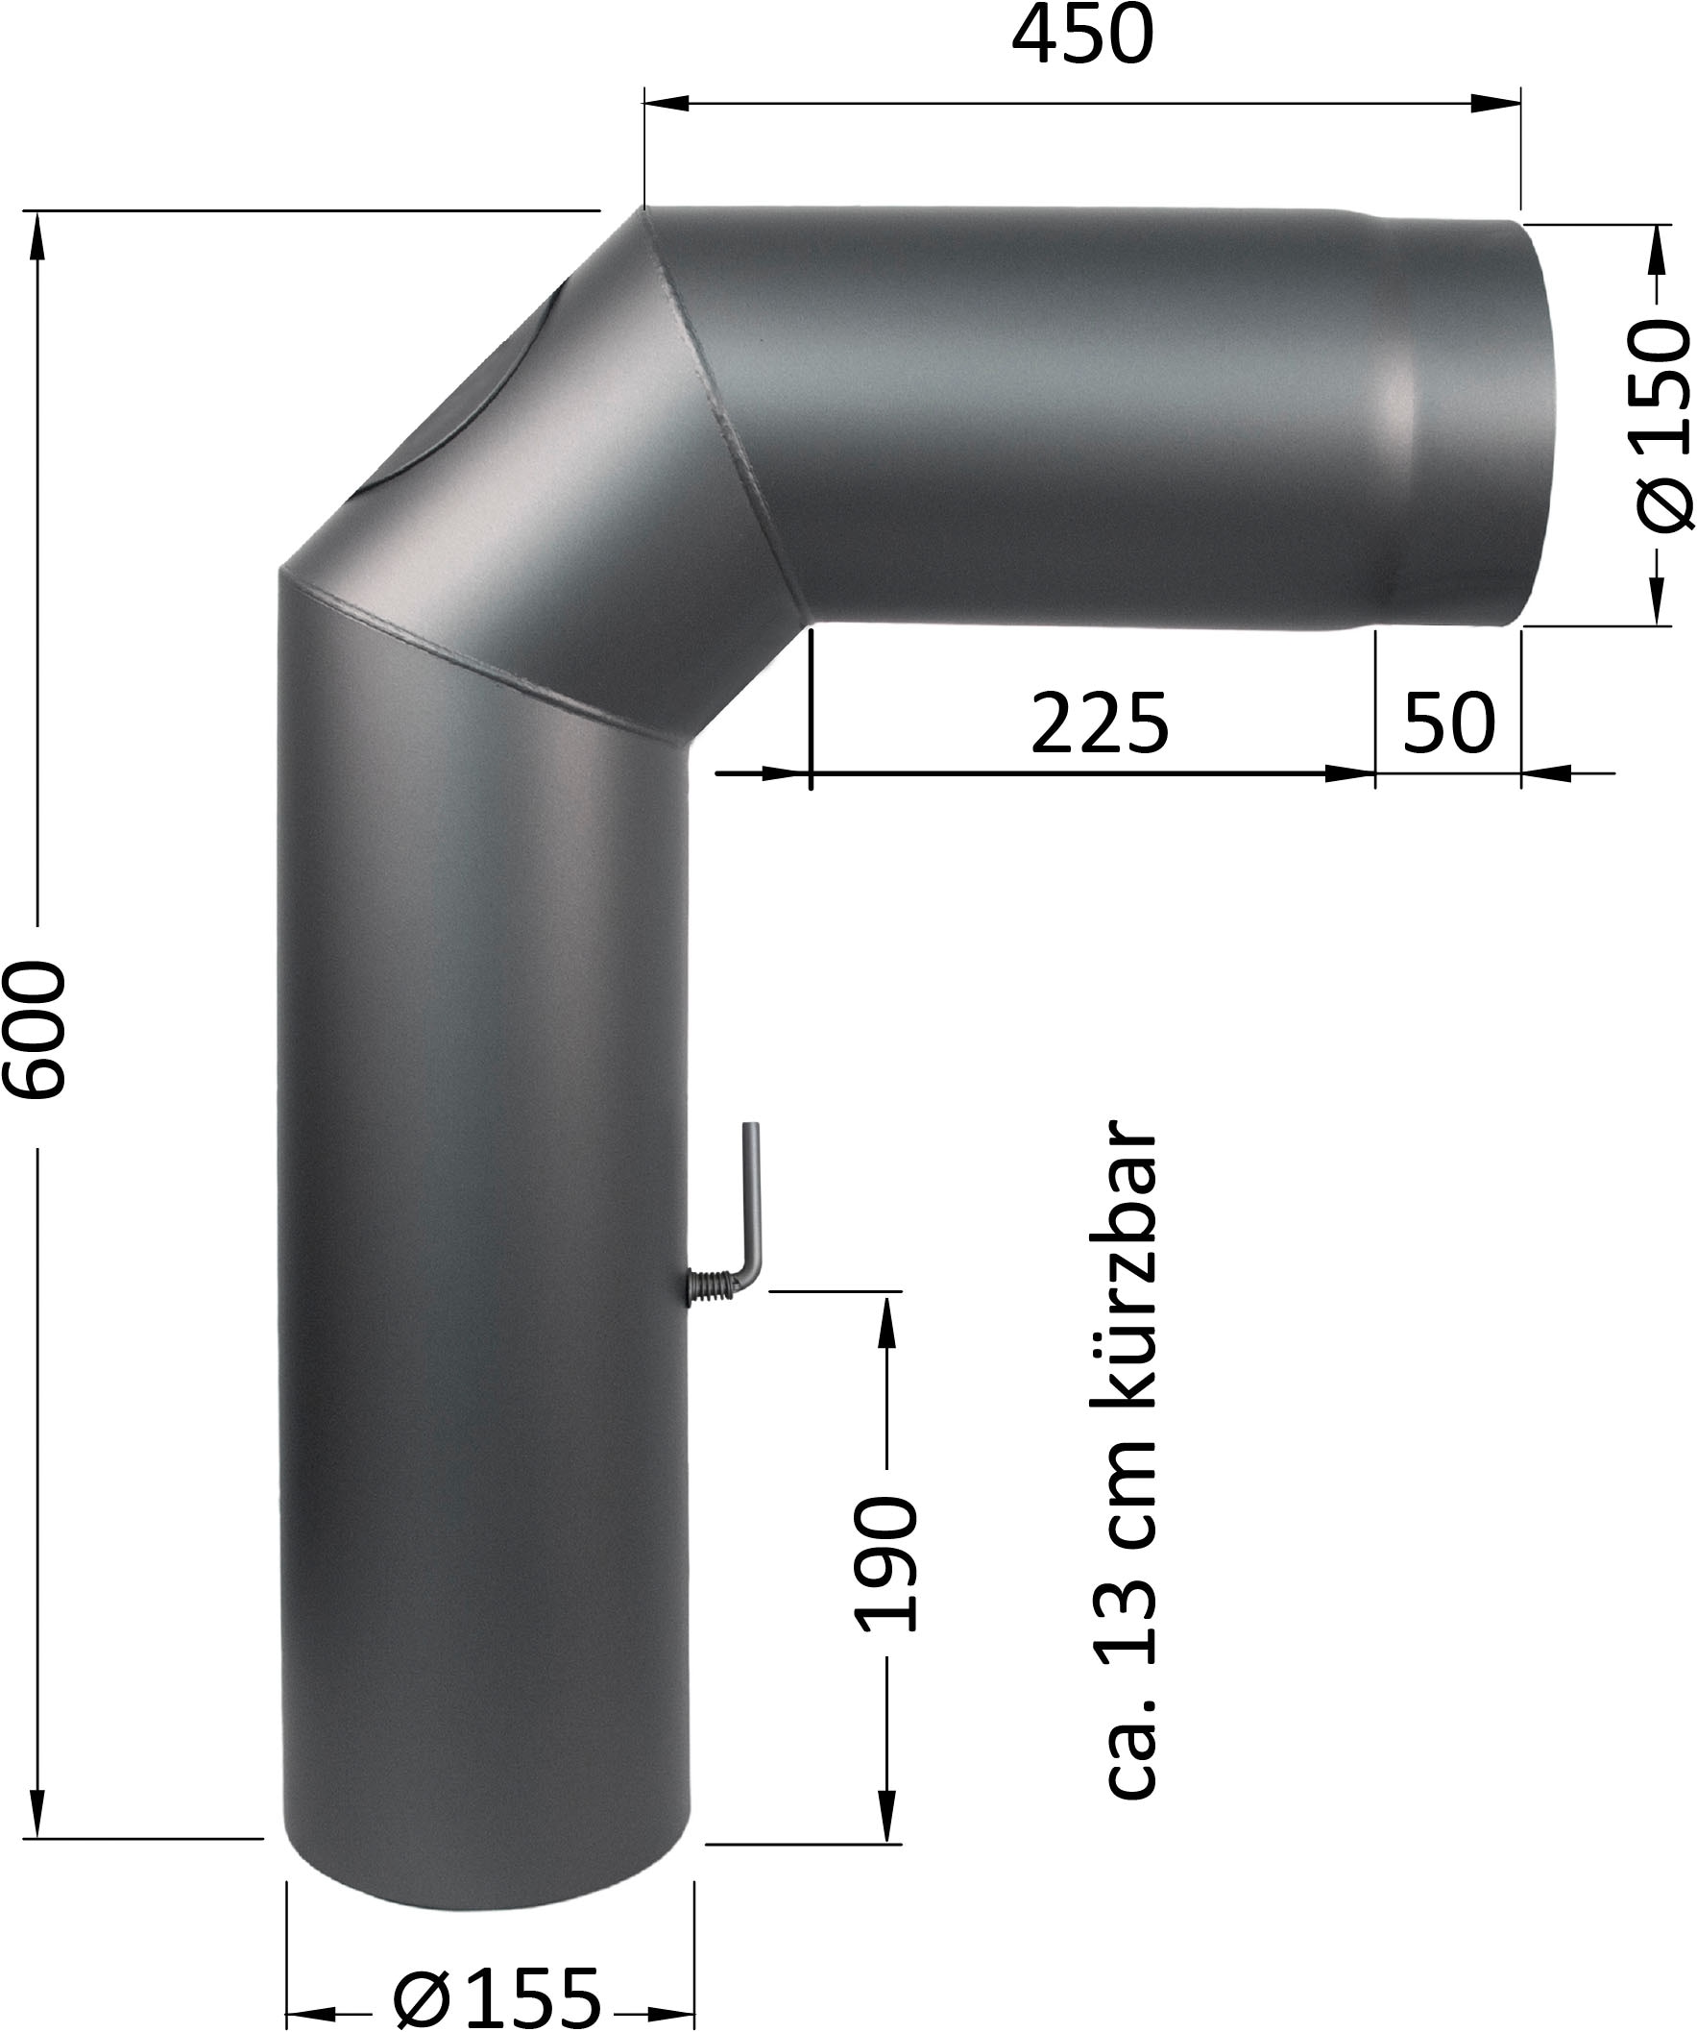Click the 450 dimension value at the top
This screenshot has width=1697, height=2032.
1082,37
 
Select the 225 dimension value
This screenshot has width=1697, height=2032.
1100,722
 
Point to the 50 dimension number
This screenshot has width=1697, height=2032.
1449,722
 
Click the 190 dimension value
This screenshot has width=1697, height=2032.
886,1565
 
